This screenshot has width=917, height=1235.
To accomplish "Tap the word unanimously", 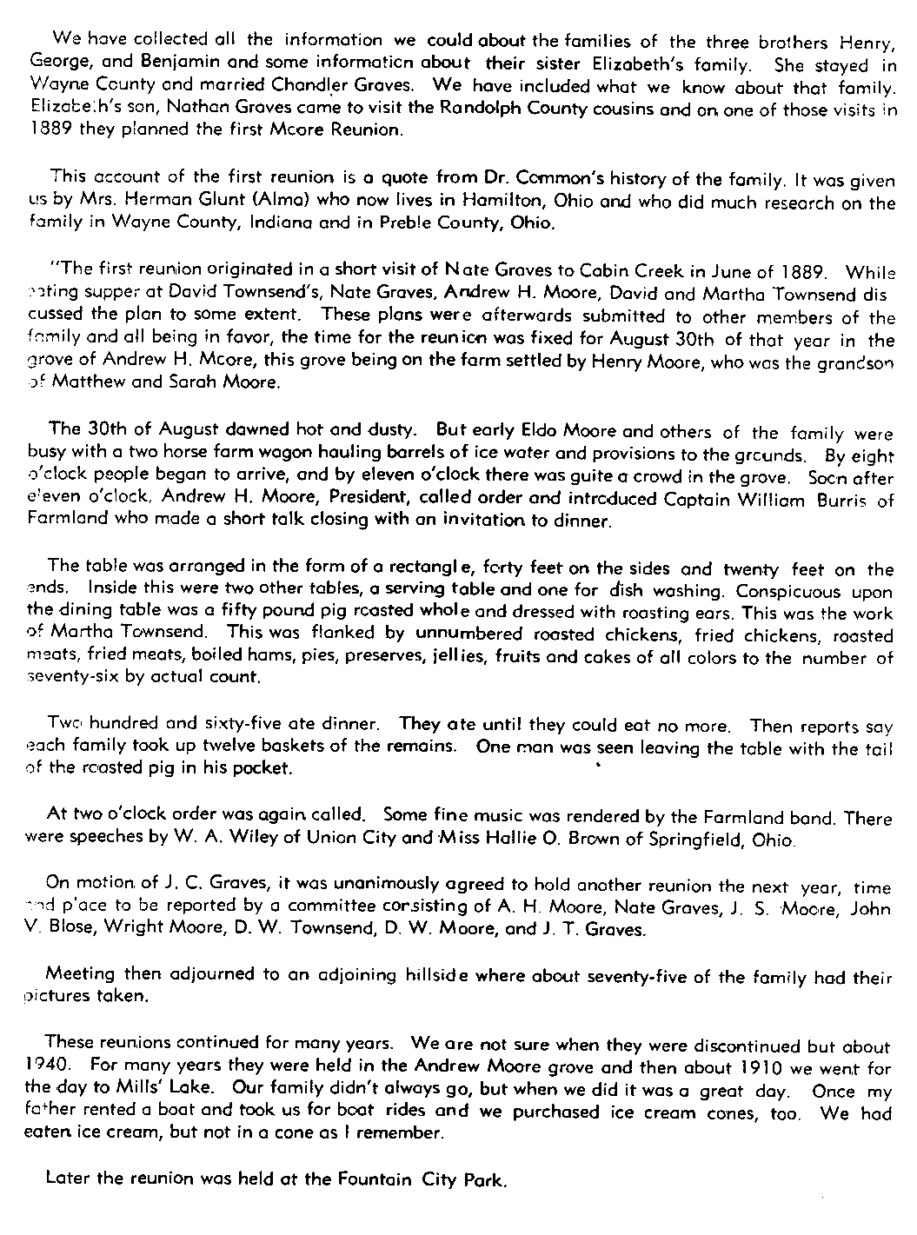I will (x=376, y=886).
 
